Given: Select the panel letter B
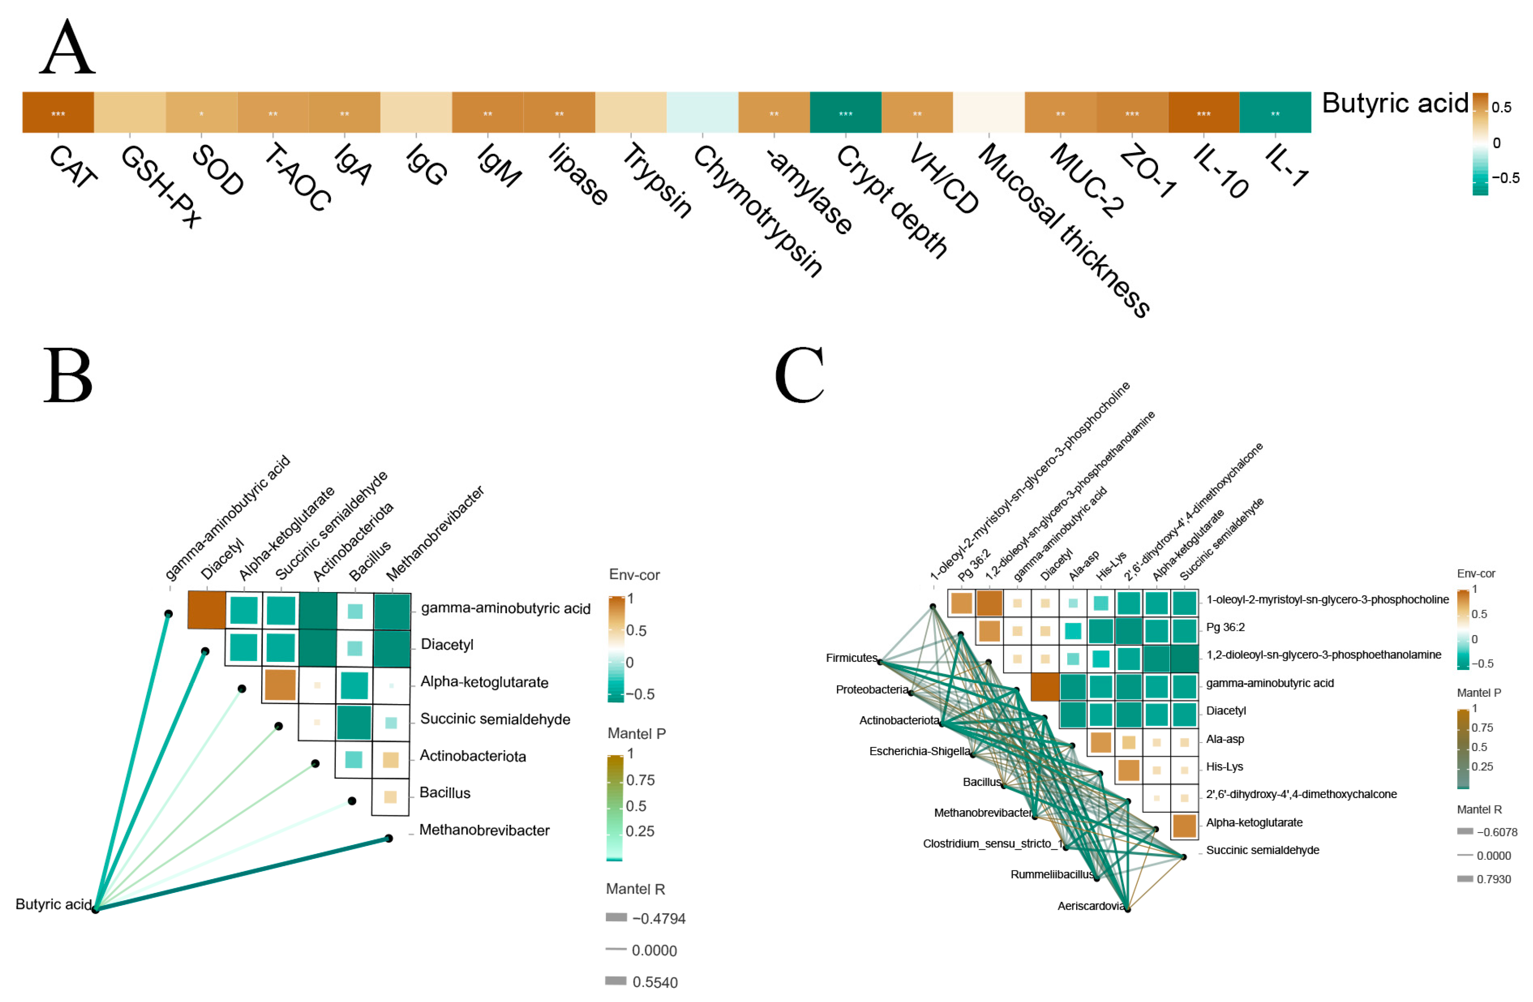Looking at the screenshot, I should point(68,375).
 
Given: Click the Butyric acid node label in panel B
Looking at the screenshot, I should point(53,904).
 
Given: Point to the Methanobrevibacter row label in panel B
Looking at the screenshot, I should point(484,830).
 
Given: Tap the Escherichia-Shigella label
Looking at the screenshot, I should point(920,751).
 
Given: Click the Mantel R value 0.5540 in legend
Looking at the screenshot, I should point(654,982).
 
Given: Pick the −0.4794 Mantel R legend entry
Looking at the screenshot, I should point(658,918).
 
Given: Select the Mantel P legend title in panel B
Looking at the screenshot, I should point(637,733).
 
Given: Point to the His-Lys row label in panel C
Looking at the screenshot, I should point(1224,767).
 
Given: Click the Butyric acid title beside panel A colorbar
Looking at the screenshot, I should point(1395,103).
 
